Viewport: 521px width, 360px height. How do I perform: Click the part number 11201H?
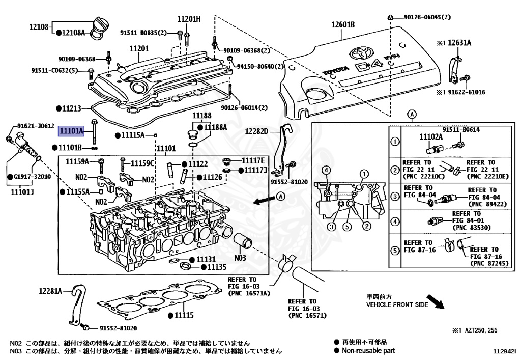point(188,19)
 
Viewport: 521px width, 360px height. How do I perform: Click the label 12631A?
point(459,43)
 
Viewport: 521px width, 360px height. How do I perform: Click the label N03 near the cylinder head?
point(240,257)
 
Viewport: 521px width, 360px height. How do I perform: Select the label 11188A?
point(216,127)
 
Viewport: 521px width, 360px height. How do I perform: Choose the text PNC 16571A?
point(249,293)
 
